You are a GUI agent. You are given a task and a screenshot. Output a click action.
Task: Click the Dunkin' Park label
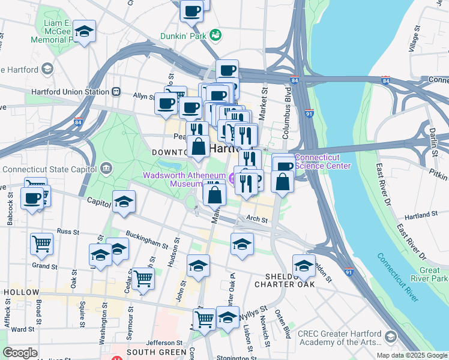click(x=183, y=36)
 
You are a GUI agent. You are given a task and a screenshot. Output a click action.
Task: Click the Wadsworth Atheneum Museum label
click(x=183, y=179)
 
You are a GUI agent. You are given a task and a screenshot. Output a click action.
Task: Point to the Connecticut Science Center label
click(x=324, y=162)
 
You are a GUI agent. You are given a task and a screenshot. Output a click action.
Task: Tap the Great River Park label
click(x=430, y=274)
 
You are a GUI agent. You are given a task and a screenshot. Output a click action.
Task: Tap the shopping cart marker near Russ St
click(x=42, y=244)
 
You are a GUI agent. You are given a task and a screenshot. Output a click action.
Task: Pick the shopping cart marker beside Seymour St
click(x=143, y=278)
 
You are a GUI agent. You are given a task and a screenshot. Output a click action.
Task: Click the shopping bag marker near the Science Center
click(x=282, y=181)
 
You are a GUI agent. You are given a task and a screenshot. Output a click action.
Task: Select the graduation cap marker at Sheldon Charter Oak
click(x=304, y=265)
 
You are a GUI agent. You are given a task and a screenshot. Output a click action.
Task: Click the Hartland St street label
click(x=420, y=215)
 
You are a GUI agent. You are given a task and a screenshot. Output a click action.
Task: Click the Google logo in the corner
click(x=20, y=353)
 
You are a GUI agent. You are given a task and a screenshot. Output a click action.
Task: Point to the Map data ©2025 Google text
click(x=411, y=355)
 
